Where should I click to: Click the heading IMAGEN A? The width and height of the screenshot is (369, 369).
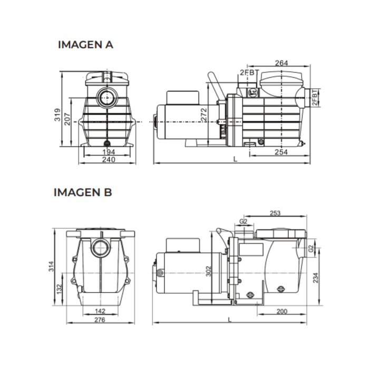pyautogui.click(x=85, y=45)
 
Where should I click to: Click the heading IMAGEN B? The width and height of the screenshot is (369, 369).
pyautogui.click(x=83, y=192)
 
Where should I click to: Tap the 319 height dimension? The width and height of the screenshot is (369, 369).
pyautogui.click(x=57, y=114)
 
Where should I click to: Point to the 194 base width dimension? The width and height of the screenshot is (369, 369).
pyautogui.click(x=109, y=152)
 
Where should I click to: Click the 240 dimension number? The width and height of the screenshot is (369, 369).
pyautogui.click(x=109, y=160)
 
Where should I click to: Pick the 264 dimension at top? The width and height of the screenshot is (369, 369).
pyautogui.click(x=281, y=63)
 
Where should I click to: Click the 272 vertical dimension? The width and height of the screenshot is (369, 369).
pyautogui.click(x=204, y=114)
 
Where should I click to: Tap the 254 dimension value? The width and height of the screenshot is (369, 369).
pyautogui.click(x=281, y=152)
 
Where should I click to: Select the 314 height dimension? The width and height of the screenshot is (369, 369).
pyautogui.click(x=51, y=266)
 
